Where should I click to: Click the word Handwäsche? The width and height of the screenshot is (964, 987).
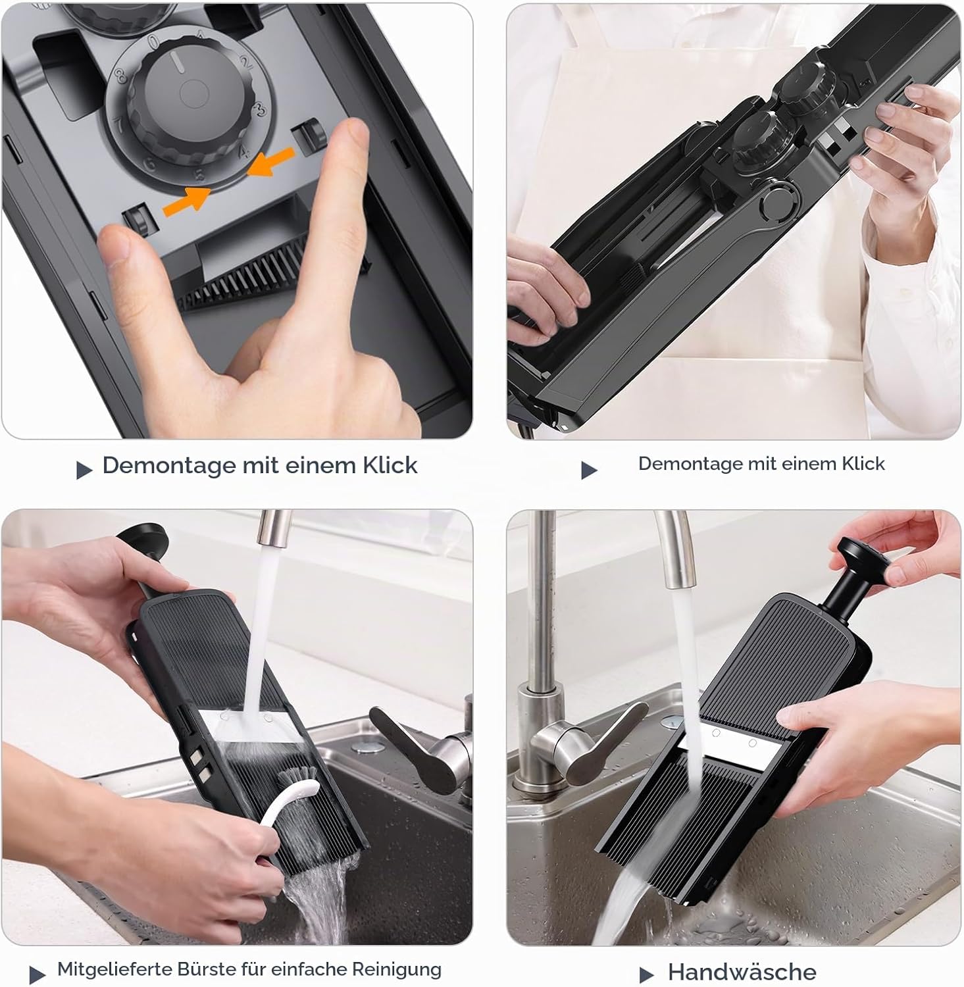click(742, 972)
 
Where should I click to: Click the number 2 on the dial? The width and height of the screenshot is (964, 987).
click(246, 63)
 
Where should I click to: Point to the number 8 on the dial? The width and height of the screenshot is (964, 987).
click(121, 76)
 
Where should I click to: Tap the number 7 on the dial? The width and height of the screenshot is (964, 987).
click(119, 124)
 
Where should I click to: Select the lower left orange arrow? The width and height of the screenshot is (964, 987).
click(188, 200)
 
